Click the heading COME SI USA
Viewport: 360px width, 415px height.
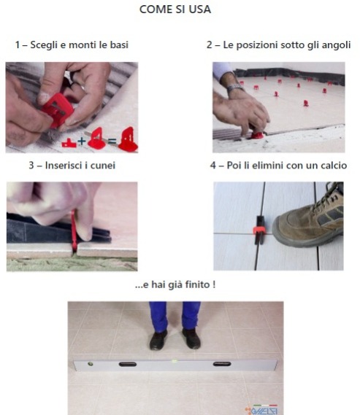175,9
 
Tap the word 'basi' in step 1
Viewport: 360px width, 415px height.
119,44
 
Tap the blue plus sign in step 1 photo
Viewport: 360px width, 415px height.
82,141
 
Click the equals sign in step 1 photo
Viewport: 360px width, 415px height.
112,141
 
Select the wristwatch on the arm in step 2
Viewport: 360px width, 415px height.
234,87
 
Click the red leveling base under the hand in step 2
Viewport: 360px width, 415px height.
257,135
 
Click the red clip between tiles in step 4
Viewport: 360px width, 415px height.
258,230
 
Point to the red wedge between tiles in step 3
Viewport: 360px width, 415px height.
74,231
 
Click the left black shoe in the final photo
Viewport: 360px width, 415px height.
158,340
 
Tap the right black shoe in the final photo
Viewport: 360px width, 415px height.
191,338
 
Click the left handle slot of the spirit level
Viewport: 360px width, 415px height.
128,365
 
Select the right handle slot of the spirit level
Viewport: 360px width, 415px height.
222,364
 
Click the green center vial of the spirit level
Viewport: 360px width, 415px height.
175,361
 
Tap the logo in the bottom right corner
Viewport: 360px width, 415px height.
261,410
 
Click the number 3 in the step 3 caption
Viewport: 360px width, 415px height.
31,166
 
